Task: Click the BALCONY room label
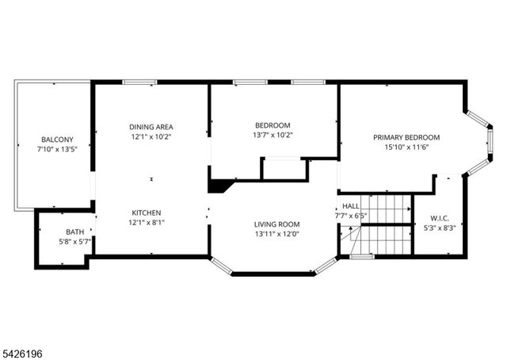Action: coord(57,140)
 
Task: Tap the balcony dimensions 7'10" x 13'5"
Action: coord(57,149)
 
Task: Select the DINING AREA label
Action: coord(151,127)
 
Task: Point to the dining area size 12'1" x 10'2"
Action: coord(151,136)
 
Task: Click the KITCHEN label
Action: coord(147,213)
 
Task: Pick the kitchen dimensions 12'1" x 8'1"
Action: coord(147,223)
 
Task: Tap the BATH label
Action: coord(63,232)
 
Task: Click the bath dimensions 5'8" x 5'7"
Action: coord(63,241)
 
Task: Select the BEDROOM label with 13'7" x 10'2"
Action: coord(273,125)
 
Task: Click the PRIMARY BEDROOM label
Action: coord(406,137)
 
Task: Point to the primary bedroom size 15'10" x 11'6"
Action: coord(406,147)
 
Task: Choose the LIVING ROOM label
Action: coord(276,224)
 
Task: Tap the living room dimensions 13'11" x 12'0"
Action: coord(276,235)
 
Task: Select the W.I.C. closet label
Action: coord(440,218)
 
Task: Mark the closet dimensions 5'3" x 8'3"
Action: coord(440,228)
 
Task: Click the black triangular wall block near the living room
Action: coord(219,186)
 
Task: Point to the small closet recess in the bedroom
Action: coord(283,169)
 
